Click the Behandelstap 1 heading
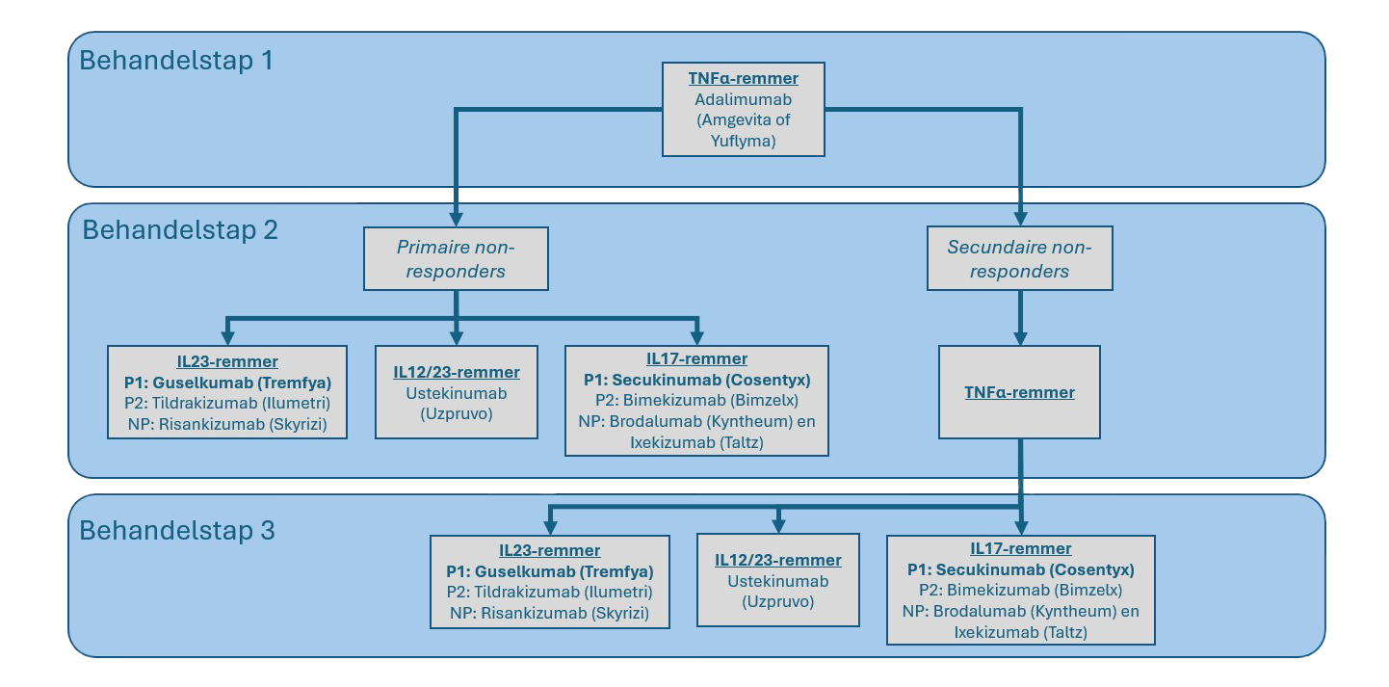click(175, 61)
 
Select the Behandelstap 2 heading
click(179, 230)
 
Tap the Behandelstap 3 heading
click(176, 531)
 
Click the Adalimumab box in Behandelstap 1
click(744, 109)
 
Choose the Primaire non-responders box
click(456, 259)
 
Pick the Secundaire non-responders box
click(1019, 259)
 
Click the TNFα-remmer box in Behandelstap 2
click(1019, 393)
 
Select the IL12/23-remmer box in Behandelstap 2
click(456, 393)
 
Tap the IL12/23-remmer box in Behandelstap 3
click(777, 581)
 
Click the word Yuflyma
click(744, 141)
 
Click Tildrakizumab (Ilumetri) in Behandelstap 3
click(549, 592)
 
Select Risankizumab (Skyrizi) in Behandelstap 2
click(227, 423)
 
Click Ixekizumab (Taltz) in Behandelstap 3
click(1020, 632)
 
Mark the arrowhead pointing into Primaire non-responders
click(456, 218)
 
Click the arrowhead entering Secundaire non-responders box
click(1019, 218)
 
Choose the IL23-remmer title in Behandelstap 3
click(549, 550)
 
